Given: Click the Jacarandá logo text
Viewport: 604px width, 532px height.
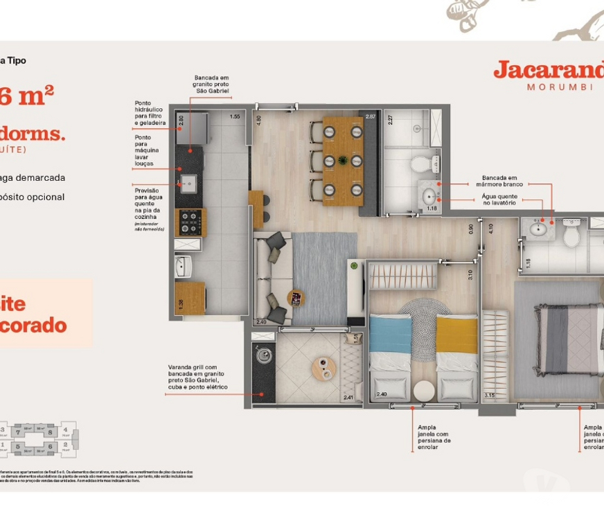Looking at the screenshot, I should coord(547,70).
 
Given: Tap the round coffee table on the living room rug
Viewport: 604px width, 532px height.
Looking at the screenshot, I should coord(296,299).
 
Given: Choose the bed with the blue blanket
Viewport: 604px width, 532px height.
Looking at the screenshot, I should coord(390,355).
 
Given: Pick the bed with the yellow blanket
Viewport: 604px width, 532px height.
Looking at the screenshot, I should coord(457,355).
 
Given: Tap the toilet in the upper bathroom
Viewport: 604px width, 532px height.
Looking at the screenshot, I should coord(421,165).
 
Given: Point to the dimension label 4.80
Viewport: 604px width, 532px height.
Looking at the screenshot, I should coord(259,119).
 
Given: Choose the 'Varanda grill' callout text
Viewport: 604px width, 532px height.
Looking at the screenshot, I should coord(197,377).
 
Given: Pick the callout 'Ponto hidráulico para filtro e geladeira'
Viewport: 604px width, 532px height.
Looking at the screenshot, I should coord(150,113).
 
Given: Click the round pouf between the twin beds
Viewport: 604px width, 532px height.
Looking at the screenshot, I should coord(423,391).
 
